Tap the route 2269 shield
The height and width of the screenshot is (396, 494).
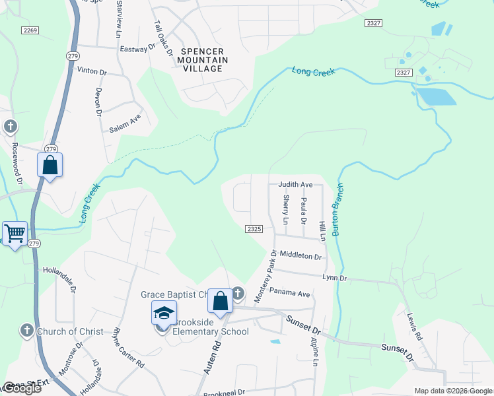tap(30, 30)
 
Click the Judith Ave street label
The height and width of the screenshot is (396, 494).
tap(295, 185)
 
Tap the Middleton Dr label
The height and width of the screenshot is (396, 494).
tap(300, 255)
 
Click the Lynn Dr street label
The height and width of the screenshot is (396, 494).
tap(335, 278)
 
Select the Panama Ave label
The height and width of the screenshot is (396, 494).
tap(289, 293)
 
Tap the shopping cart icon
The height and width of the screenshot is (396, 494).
tap(15, 232)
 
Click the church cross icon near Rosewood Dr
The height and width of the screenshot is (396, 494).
tap(10, 126)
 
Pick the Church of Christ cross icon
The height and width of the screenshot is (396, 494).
tap(26, 331)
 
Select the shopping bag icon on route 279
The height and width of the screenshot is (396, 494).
tap(50, 164)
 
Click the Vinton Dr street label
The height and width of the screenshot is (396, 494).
tap(92, 71)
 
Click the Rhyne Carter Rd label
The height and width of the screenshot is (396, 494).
tap(128, 347)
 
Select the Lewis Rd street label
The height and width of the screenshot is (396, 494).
tap(414, 326)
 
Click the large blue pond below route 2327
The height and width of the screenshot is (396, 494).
tap(437, 96)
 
